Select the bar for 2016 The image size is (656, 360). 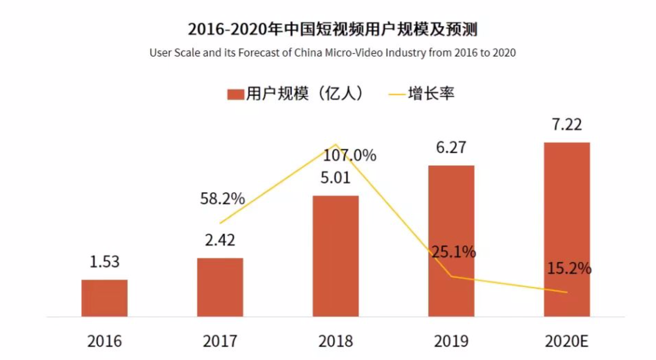pyautogui.click(x=105, y=298)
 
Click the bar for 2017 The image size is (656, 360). pyautogui.click(x=220, y=287)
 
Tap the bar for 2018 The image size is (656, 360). pyautogui.click(x=336, y=256)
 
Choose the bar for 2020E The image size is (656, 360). pyautogui.click(x=567, y=229)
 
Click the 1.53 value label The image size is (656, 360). pyautogui.click(x=105, y=262)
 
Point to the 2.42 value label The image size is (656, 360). pyautogui.click(x=220, y=240)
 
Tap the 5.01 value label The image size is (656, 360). pyautogui.click(x=336, y=178)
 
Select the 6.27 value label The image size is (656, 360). pyautogui.click(x=451, y=148)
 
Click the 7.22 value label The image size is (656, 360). pyautogui.click(x=567, y=124)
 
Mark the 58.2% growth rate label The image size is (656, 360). pyautogui.click(x=222, y=199)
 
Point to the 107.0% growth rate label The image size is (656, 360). pyautogui.click(x=349, y=155)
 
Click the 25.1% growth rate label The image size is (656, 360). pyautogui.click(x=454, y=252)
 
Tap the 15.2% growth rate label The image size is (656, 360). pyautogui.click(x=569, y=268)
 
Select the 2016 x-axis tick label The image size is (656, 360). pyautogui.click(x=105, y=341)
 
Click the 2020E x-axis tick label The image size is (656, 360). pyautogui.click(x=567, y=341)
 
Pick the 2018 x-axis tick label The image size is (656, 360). pyautogui.click(x=336, y=341)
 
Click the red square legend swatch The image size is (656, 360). pyautogui.click(x=236, y=94)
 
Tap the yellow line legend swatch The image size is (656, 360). pyautogui.click(x=397, y=94)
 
